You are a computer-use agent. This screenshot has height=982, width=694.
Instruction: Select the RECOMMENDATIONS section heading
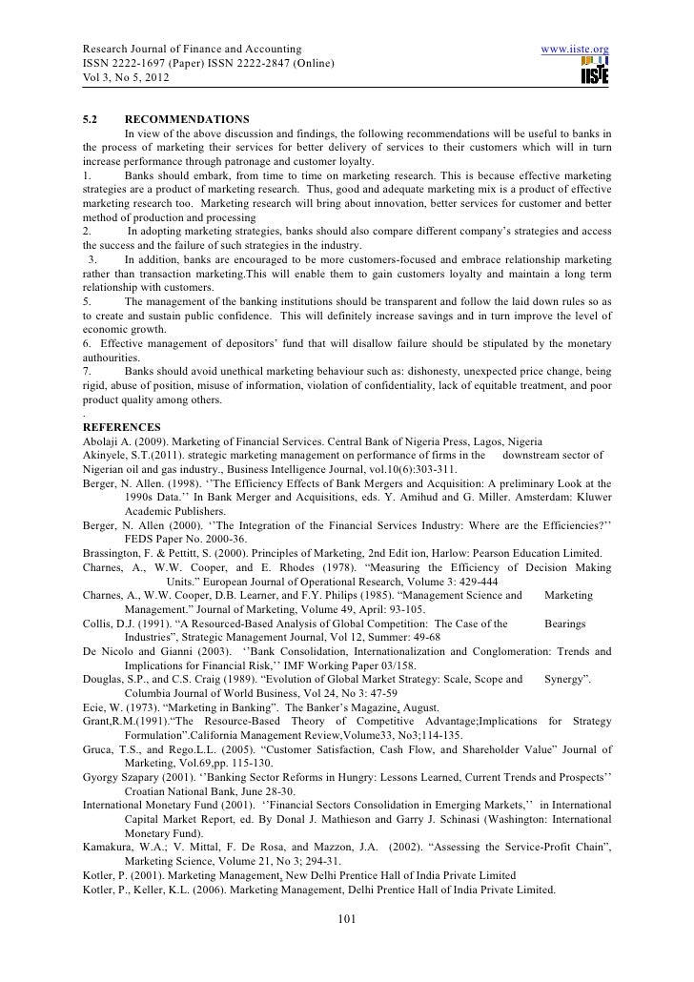coord(187,119)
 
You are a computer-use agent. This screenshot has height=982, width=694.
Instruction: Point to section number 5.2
coord(92,119)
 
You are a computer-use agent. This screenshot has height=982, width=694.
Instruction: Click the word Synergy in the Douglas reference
coord(567,680)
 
